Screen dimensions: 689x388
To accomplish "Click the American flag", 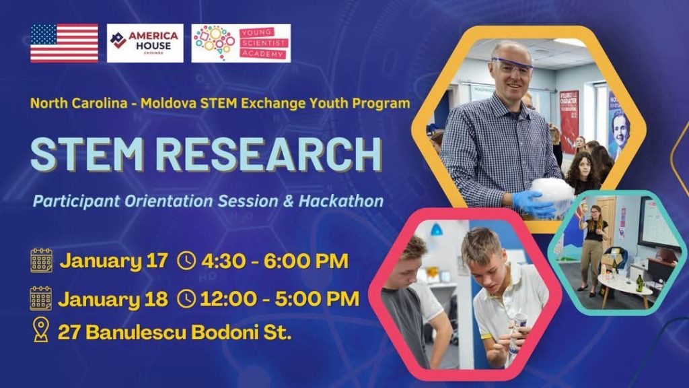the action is tap(64, 43).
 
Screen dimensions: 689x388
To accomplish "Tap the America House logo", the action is tap(145, 43).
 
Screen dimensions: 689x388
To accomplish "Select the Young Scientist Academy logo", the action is tap(241, 43).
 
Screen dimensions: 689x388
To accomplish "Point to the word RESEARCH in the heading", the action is tap(269, 154).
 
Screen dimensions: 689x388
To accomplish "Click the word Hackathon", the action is tap(341, 201).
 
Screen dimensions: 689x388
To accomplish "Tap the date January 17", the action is tap(114, 261).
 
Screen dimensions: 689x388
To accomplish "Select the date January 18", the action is tap(113, 299).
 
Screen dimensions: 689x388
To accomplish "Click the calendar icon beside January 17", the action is tap(41, 261).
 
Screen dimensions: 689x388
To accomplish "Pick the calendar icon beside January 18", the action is tap(41, 298).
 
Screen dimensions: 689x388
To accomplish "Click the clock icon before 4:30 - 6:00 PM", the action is tap(186, 261).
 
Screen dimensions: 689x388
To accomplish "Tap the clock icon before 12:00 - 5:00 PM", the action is tap(186, 299).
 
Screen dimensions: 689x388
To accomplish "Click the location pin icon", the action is tap(41, 330).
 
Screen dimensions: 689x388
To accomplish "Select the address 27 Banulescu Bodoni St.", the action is tap(174, 332).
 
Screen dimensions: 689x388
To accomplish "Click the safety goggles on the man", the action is tap(512, 66).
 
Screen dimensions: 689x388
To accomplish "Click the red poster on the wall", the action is tap(569, 121).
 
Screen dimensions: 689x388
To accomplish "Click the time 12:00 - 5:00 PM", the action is tap(279, 299).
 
